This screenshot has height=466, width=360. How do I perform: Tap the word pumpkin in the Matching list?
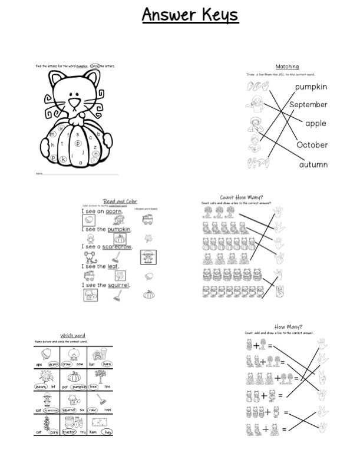(x=311, y=87)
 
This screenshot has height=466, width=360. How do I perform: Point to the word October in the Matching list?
(x=312, y=145)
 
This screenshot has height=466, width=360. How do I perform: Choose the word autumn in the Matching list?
(x=313, y=165)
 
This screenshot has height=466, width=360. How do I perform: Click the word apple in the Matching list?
(x=316, y=124)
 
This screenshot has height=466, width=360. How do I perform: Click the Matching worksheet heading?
(x=287, y=67)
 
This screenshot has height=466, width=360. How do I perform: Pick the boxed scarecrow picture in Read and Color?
(x=148, y=257)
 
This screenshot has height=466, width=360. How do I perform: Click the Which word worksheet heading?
(x=72, y=336)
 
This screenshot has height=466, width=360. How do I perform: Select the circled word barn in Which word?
(x=107, y=364)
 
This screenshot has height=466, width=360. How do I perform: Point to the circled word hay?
(x=107, y=432)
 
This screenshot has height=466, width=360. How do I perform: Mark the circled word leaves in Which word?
(x=42, y=387)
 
